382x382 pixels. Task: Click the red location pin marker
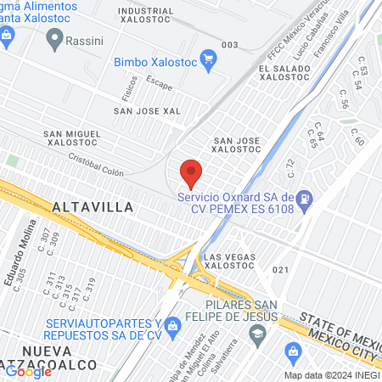pos(191,173)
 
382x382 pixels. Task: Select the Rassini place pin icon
pos(55,37)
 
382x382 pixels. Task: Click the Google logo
pos(28,371)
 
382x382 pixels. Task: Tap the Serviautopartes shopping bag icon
pos(173,326)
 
